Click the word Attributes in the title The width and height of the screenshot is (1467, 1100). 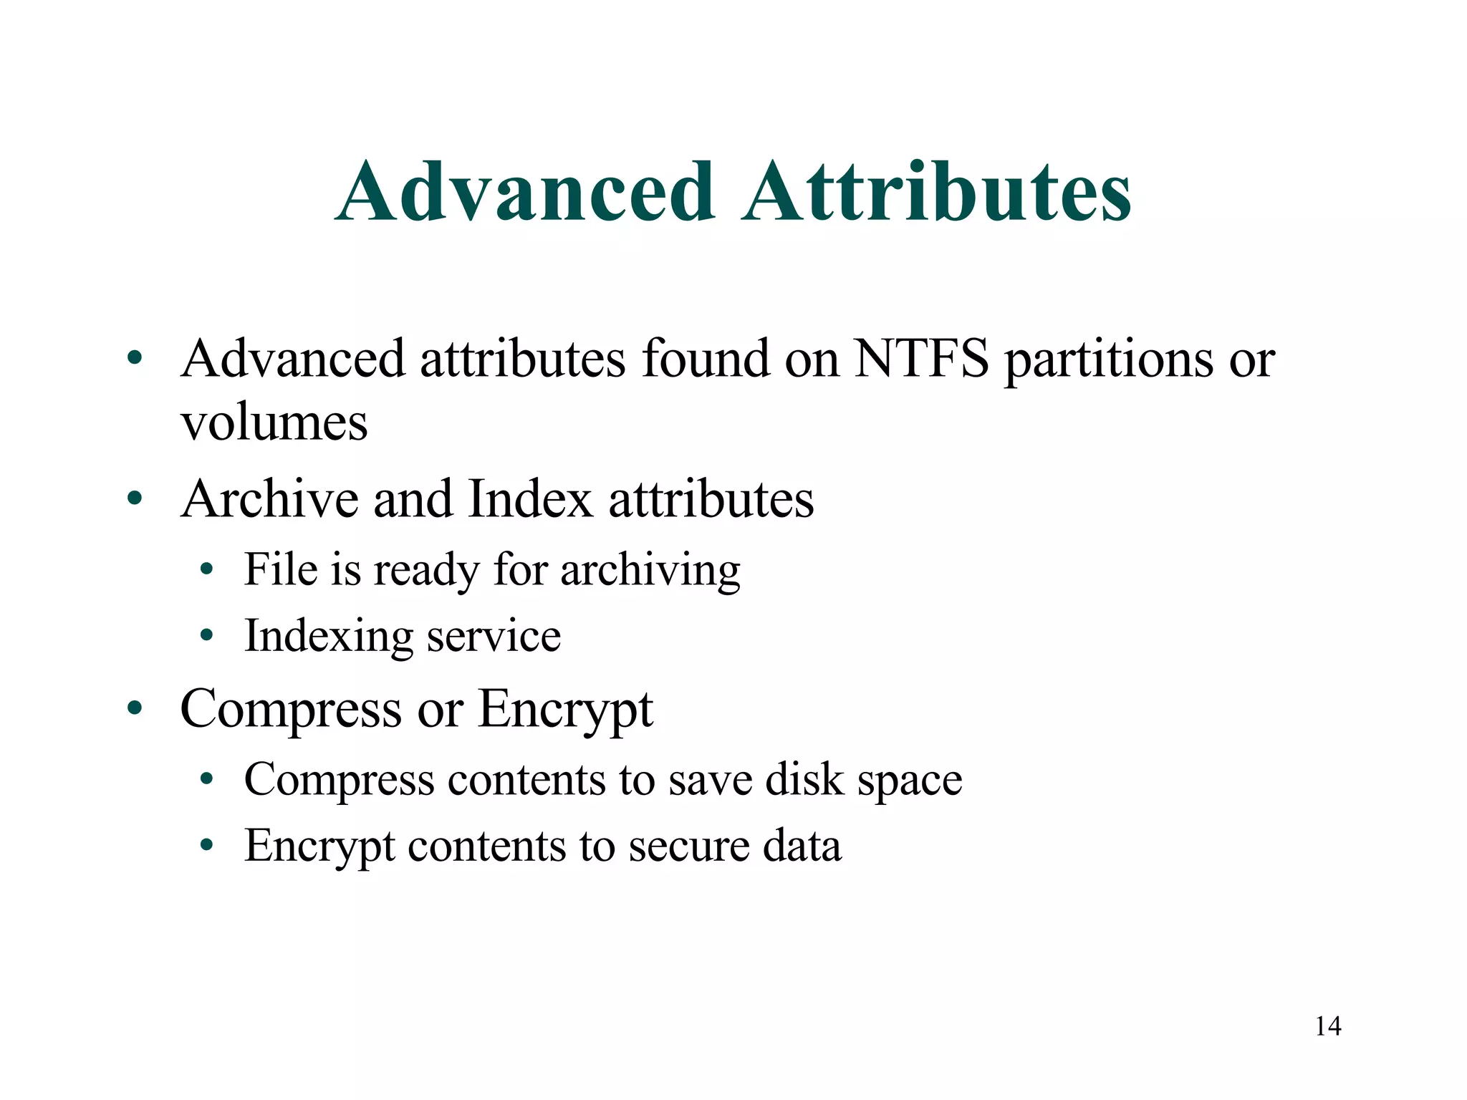click(936, 192)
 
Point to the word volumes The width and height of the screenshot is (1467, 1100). click(274, 423)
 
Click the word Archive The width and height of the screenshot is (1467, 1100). click(270, 498)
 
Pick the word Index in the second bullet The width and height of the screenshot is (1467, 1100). click(530, 498)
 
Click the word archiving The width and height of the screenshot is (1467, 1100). click(650, 571)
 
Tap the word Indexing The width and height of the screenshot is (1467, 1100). click(329, 637)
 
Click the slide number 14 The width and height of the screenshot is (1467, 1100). click(1328, 1026)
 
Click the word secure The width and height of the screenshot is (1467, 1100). click(688, 846)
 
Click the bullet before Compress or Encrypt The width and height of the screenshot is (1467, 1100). click(135, 708)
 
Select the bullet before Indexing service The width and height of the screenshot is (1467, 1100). click(207, 635)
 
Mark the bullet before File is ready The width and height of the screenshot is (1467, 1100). click(207, 570)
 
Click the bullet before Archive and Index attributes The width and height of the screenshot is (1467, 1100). click(135, 498)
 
